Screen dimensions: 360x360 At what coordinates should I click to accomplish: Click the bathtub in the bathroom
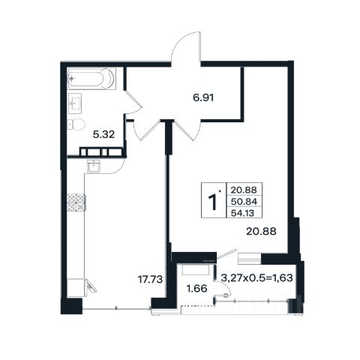click(91, 79)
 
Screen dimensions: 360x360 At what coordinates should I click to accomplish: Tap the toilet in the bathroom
click(76, 124)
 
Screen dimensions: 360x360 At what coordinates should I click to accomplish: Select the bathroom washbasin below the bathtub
click(75, 102)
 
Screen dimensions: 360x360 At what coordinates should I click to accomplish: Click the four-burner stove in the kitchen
click(76, 202)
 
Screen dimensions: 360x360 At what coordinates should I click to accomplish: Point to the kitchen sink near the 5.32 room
click(94, 166)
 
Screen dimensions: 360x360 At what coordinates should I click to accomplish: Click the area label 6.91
click(203, 97)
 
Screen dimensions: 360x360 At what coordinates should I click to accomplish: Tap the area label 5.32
click(103, 135)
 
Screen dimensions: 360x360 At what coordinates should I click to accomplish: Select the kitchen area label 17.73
click(151, 279)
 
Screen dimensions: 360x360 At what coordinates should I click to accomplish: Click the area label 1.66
click(197, 289)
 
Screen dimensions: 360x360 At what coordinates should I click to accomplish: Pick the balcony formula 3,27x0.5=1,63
click(257, 277)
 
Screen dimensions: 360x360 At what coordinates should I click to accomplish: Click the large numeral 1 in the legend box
click(212, 202)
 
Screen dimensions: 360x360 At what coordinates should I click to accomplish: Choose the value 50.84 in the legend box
click(244, 202)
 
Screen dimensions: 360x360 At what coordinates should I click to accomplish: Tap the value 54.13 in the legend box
click(242, 213)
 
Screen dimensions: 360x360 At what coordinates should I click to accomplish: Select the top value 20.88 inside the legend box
click(244, 190)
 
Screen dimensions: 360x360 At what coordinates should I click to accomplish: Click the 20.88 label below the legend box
click(261, 232)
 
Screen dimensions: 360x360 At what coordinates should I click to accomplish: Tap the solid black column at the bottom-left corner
click(71, 306)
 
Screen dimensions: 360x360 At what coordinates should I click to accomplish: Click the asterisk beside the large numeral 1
click(220, 191)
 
